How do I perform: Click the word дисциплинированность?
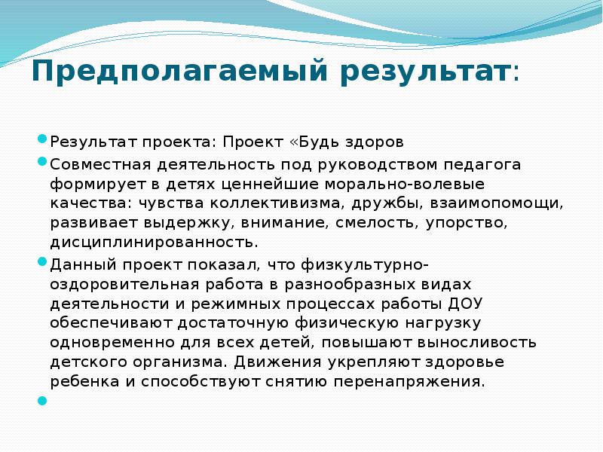point(154,243)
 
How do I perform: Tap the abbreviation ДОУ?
point(467,303)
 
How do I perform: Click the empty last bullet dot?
point(42,401)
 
